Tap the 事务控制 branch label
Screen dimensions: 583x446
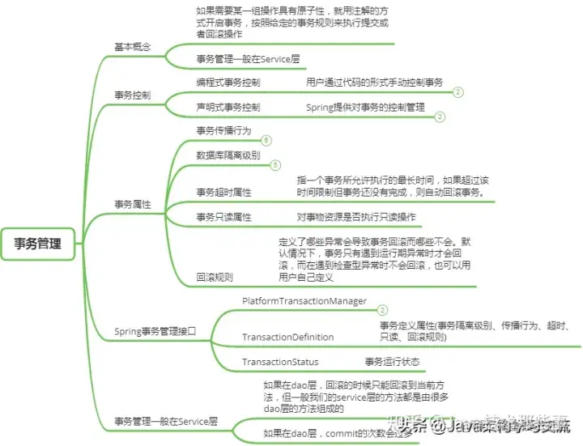(131, 96)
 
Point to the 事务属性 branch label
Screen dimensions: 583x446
(131, 205)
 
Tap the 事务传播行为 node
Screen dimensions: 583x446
(223, 130)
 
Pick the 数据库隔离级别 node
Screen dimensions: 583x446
(228, 155)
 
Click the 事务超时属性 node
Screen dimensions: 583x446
(223, 193)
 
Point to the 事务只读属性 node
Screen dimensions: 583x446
(223, 217)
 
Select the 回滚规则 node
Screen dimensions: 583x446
(215, 277)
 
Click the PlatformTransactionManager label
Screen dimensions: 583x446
(304, 301)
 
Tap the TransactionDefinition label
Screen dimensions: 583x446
(287, 337)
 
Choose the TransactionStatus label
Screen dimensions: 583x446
(280, 362)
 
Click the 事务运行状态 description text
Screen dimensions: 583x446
(392, 362)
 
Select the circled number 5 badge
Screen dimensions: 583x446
(275, 165)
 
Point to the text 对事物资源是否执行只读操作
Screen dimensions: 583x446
(356, 217)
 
